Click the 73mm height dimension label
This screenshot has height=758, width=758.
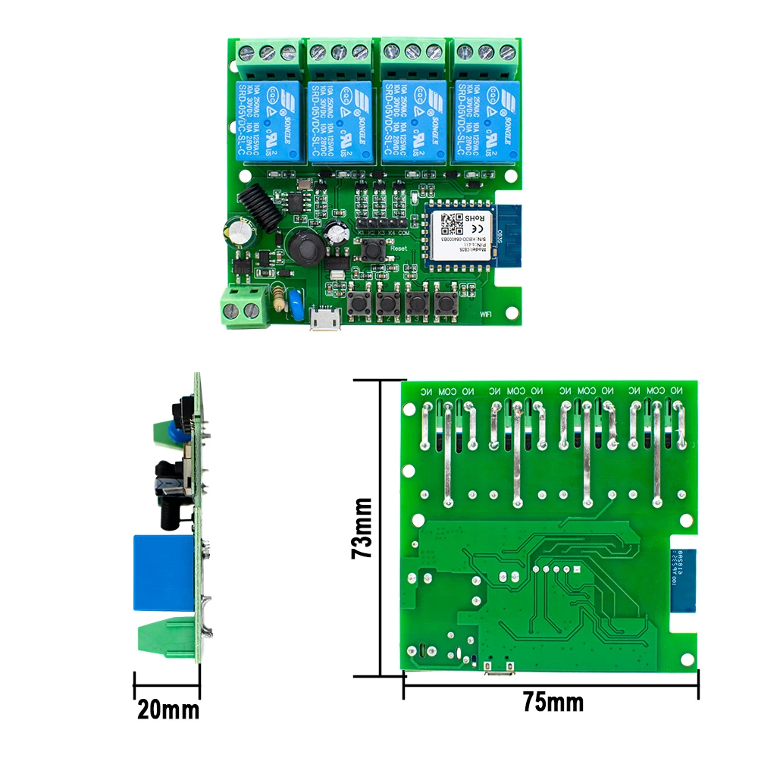coord(362,528)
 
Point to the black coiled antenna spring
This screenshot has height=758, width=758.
coord(258,201)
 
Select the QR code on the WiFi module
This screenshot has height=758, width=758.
coord(453,222)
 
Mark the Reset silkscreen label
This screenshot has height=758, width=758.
coord(399,248)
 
